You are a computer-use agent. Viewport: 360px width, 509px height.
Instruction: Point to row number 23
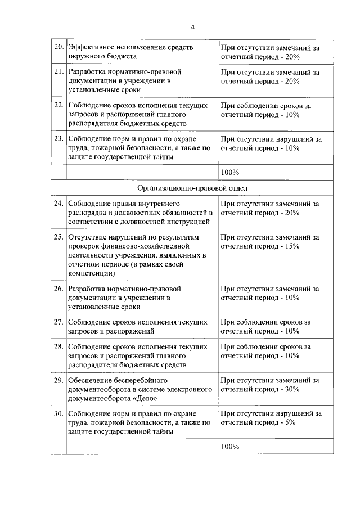pyautogui.click(x=58, y=139)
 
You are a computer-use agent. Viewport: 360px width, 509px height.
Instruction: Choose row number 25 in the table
pyautogui.click(x=58, y=237)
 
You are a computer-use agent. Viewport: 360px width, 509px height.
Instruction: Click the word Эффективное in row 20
pyautogui.click(x=92, y=48)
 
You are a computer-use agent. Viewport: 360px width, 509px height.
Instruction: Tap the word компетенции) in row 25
pyautogui.click(x=92, y=273)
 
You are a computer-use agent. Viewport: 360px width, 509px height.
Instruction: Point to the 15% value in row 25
pyautogui.click(x=291, y=246)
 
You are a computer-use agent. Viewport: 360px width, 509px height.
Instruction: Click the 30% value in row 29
pyautogui.click(x=291, y=389)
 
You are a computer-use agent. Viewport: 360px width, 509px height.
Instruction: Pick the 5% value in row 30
pyautogui.click(x=289, y=422)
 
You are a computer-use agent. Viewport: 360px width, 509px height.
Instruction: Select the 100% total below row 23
pyautogui.click(x=230, y=172)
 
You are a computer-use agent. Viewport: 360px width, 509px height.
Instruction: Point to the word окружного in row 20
pyautogui.click(x=85, y=57)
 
